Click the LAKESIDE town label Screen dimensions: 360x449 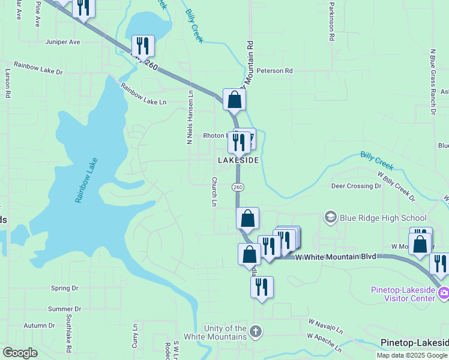pos(238,161)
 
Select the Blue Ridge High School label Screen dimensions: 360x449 pos(383,218)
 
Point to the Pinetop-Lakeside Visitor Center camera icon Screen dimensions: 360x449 pos(444,293)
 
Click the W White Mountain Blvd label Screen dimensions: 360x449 pos(336,257)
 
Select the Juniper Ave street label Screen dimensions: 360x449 pos(62,43)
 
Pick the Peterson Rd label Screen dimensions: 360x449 pos(274,71)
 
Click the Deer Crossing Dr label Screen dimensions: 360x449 pos(357,186)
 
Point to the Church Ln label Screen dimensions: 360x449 pos(214,191)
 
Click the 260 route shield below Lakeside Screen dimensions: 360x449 pos(238,187)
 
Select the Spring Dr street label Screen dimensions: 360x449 pos(65,289)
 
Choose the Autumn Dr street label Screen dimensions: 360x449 pos(39,326)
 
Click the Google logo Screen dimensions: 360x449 pos(20,353)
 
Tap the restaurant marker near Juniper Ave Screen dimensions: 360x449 pos(143,46)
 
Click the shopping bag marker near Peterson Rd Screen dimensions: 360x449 pos(234,99)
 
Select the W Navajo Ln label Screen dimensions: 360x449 pos(325,327)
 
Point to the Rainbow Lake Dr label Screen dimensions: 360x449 pos(38,68)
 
